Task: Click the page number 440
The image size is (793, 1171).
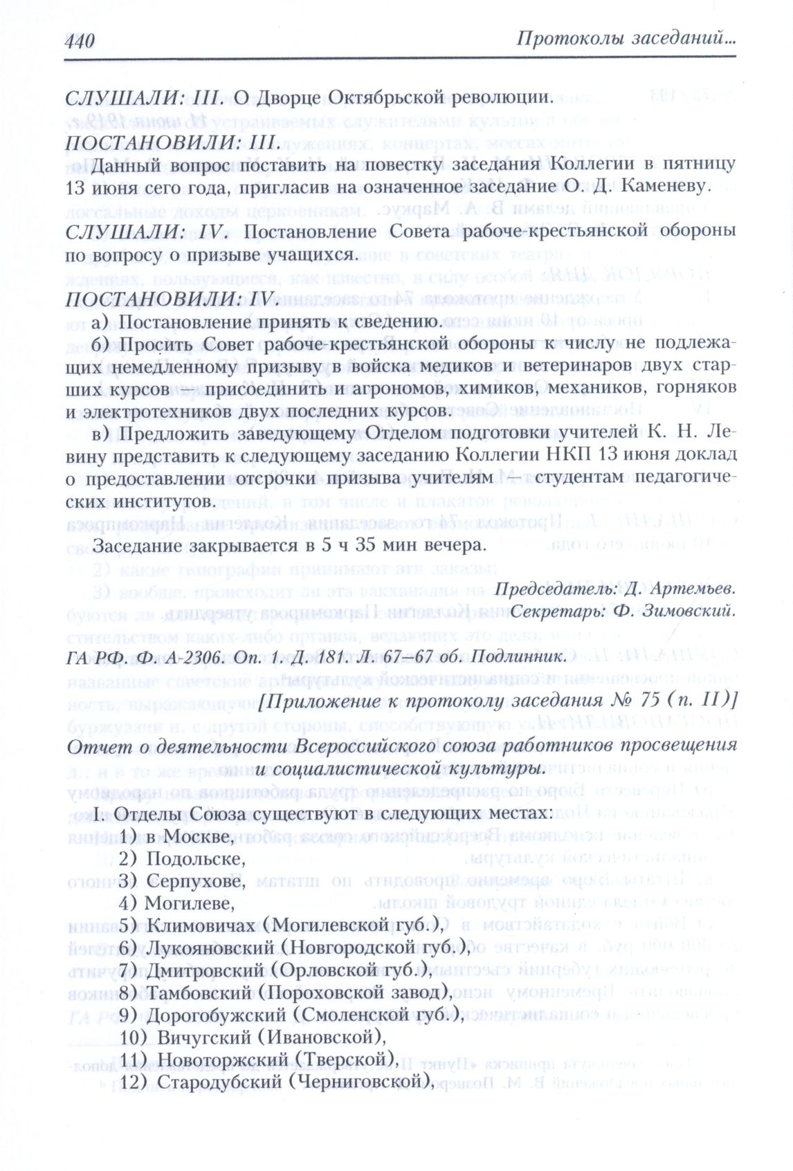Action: (x=80, y=42)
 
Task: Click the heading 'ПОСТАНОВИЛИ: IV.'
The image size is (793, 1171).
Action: (x=171, y=299)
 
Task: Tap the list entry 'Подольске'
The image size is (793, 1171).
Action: (x=197, y=858)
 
